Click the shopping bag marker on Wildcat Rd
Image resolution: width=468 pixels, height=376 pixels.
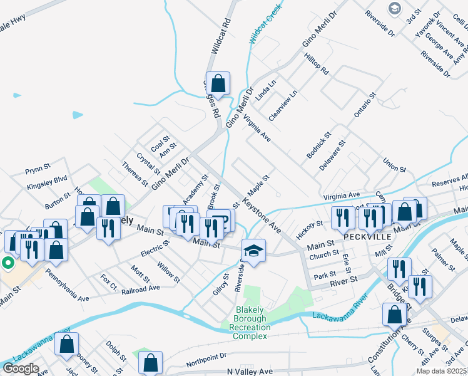point(218,83)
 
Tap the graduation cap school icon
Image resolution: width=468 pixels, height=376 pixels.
point(253,251)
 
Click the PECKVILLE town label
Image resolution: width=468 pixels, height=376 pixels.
point(367,238)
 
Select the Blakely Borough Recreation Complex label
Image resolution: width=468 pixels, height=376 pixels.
point(251,323)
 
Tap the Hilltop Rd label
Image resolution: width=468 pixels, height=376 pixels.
point(316,63)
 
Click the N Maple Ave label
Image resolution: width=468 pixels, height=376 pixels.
point(250,372)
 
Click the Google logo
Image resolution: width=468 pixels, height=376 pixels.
point(21,368)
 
